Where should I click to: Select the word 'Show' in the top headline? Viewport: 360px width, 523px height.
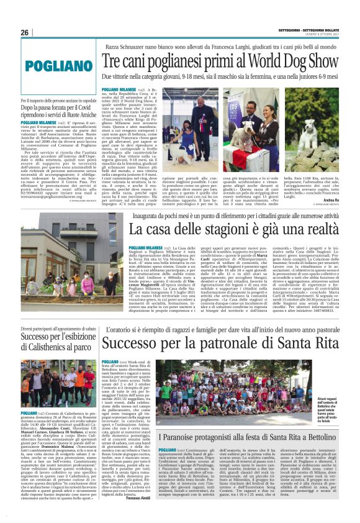click(304, 61)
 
